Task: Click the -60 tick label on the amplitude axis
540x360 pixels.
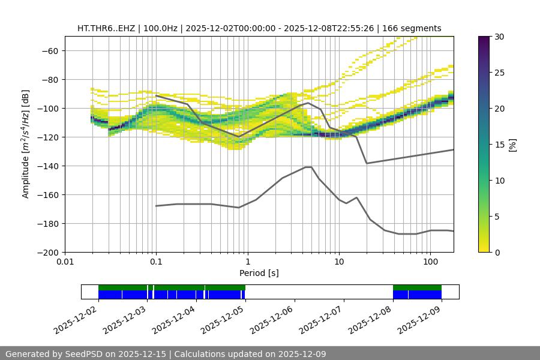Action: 49,50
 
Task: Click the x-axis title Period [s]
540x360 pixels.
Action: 259,273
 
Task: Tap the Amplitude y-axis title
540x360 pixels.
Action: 26,144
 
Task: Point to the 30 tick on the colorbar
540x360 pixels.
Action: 499,37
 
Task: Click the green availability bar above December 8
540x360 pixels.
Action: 417,287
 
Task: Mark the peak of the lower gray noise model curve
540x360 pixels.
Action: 308,167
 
